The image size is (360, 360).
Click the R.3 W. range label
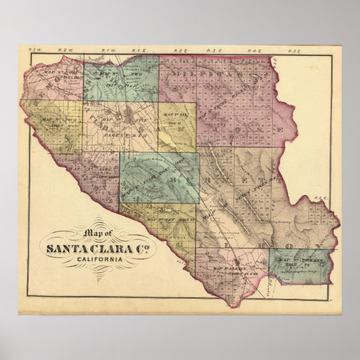35,50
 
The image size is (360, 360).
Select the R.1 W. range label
108,51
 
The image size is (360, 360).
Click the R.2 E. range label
180,51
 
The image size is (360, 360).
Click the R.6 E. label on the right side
320,197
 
